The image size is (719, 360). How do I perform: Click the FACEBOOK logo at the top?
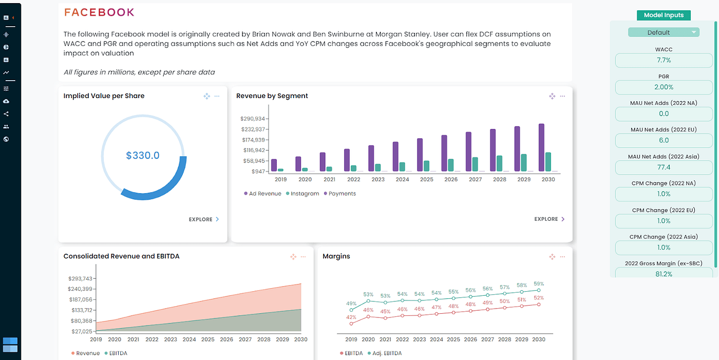click(99, 12)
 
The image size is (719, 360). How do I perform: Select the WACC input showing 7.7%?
click(664, 60)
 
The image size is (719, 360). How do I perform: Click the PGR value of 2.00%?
click(664, 87)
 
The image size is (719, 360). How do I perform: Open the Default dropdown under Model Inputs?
click(664, 32)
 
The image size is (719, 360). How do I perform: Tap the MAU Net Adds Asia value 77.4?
click(664, 167)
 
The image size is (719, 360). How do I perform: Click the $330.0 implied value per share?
click(143, 155)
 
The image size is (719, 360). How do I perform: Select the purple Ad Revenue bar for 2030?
click(541, 147)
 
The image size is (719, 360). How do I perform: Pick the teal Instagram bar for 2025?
click(426, 165)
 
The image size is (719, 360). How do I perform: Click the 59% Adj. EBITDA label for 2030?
click(538, 284)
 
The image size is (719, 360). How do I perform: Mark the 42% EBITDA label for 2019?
click(351, 317)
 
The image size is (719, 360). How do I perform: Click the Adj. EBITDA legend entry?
click(385, 353)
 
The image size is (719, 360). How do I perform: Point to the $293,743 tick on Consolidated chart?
click(80, 278)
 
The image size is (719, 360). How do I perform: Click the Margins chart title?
click(336, 256)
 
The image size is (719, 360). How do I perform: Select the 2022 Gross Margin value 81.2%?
click(664, 274)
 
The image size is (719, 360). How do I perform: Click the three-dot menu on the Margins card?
click(562, 256)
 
